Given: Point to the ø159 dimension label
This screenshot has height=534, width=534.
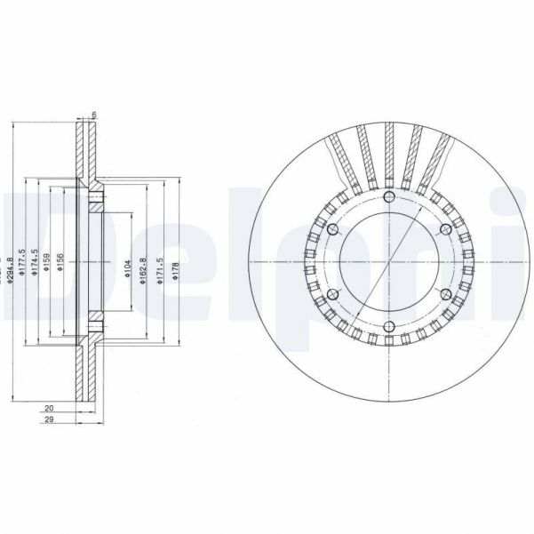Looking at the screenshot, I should click(x=47, y=267).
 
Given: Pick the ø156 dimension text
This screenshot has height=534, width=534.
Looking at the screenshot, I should click(x=60, y=267).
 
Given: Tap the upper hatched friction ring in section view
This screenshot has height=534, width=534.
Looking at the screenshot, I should click(x=86, y=151).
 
